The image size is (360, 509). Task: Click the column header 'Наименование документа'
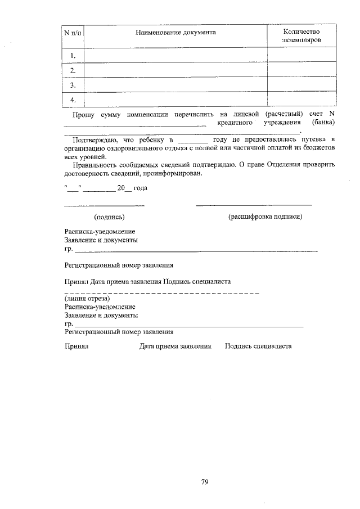[x=175, y=33]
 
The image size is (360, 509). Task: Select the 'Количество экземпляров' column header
[x=301, y=37]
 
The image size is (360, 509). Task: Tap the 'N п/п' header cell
[x=72, y=33]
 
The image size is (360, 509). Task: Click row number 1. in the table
[x=72, y=56]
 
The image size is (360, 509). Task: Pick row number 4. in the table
[x=72, y=100]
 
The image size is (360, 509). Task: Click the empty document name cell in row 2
[x=175, y=70]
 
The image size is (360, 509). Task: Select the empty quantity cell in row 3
[x=301, y=85]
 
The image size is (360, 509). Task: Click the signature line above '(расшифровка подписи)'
[x=254, y=205]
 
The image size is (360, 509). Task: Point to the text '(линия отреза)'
[x=86, y=299]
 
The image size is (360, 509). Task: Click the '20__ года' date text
[x=132, y=188]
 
